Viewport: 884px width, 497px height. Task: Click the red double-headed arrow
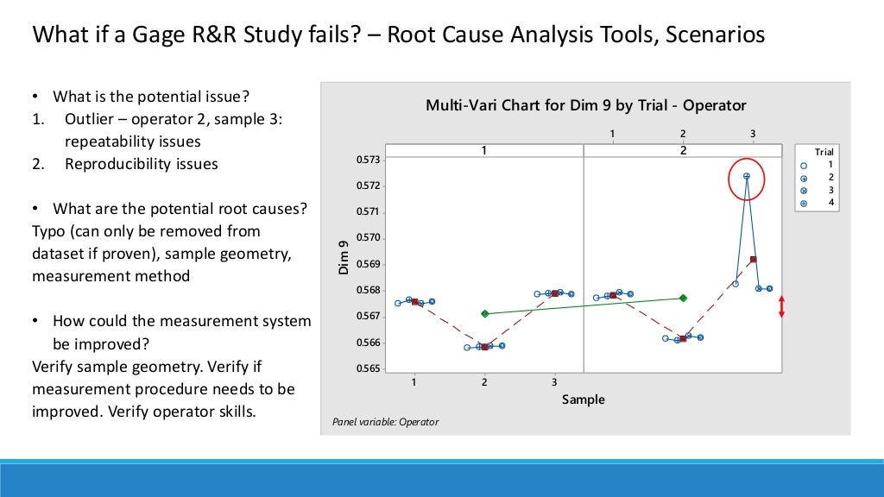pos(781,306)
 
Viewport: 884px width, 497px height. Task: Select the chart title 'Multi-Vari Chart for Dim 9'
pos(585,105)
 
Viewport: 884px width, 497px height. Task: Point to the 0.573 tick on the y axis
pos(368,160)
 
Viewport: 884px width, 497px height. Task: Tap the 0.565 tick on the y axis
pos(368,369)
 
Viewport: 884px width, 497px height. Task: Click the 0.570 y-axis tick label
pos(368,238)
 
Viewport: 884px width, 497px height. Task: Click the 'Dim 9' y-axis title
pos(343,258)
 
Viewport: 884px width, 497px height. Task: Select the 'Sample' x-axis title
pos(583,399)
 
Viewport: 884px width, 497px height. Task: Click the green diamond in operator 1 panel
pos(484,313)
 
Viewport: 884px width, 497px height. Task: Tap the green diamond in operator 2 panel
pos(683,298)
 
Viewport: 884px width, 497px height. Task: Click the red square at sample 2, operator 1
pos(484,346)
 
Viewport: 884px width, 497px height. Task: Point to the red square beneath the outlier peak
pos(754,259)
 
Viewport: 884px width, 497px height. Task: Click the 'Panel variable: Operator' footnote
pos(385,422)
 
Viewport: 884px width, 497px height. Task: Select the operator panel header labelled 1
pos(484,150)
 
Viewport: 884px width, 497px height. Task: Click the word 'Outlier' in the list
pos(90,119)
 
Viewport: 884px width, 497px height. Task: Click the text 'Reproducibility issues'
pos(142,164)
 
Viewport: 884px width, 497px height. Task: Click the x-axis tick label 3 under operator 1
pos(554,381)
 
